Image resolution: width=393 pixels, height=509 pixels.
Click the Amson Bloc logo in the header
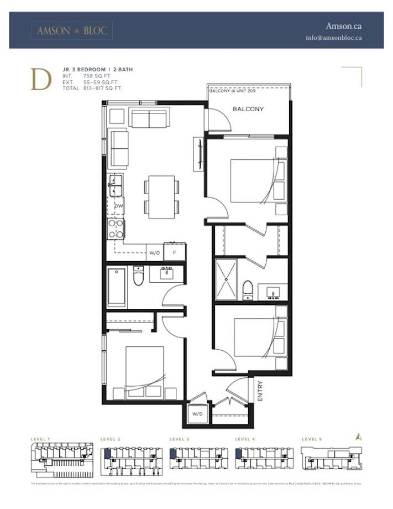[72, 31]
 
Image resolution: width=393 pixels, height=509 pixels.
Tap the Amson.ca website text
[343, 26]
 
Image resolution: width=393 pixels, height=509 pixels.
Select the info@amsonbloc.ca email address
[334, 38]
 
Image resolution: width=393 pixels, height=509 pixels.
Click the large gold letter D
[41, 79]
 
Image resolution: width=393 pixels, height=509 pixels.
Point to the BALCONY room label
[248, 110]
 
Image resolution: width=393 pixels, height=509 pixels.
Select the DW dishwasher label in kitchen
[118, 206]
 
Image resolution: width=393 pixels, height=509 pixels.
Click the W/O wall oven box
[154, 253]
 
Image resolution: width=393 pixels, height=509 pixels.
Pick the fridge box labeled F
[175, 253]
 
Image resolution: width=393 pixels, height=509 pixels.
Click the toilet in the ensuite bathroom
[248, 289]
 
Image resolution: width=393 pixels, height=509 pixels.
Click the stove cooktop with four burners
[116, 228]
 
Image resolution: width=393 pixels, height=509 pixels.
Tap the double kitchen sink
[116, 185]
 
